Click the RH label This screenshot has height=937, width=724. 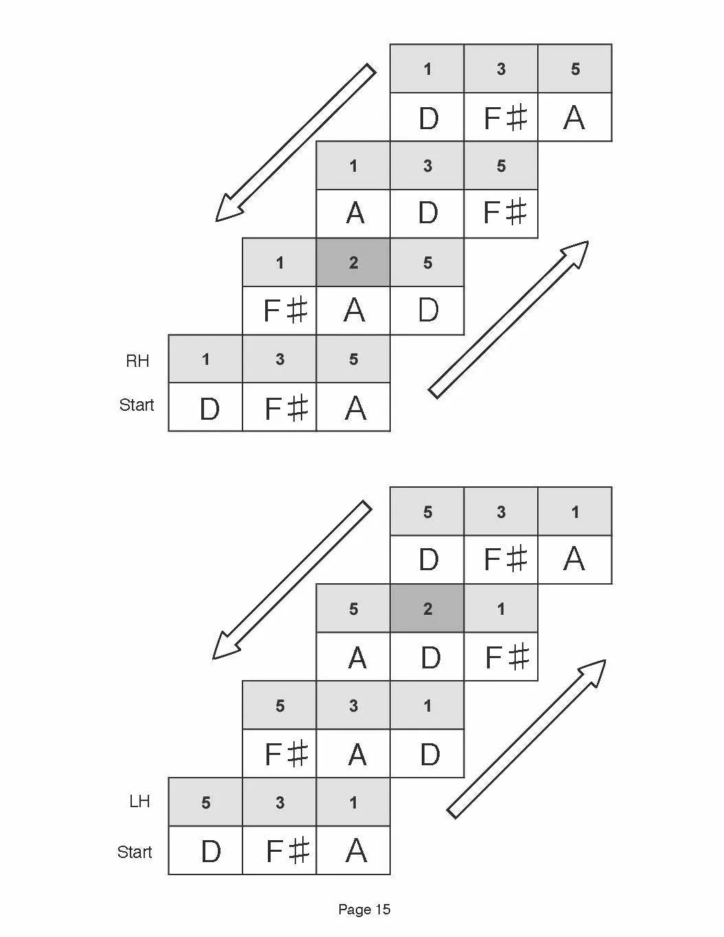tap(137, 361)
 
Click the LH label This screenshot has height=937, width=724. tap(139, 801)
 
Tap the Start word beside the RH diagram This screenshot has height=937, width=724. tap(136, 405)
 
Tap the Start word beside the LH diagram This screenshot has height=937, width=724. tap(134, 853)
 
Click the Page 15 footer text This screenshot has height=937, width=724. tap(364, 910)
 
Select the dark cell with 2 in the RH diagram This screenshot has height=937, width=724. tap(353, 262)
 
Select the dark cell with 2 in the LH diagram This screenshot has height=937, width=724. tap(427, 609)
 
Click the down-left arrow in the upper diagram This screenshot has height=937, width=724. tap(295, 143)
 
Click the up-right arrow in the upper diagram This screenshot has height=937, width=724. tap(508, 319)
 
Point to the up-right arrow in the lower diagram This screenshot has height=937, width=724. tap(526, 739)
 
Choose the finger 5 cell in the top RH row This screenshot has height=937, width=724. tap(575, 69)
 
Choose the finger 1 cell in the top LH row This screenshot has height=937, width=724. tap(575, 512)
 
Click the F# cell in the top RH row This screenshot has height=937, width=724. tap(501, 117)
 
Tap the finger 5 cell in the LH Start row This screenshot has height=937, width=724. tap(205, 802)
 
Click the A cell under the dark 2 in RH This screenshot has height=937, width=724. tap(353, 311)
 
